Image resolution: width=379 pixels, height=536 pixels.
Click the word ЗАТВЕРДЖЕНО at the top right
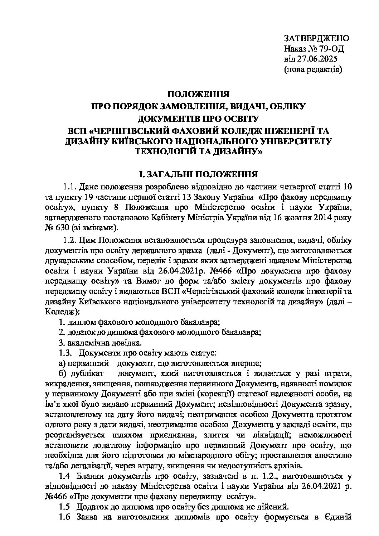(316, 39)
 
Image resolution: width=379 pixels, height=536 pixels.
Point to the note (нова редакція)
(313, 69)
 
